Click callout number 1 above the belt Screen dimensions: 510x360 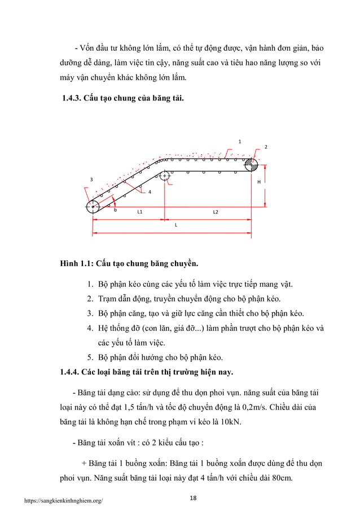[239, 141]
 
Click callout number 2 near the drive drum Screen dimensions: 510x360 [266, 147]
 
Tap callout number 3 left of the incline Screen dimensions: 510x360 [91, 180]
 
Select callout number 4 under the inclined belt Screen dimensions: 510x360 [150, 193]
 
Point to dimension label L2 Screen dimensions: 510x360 [216, 211]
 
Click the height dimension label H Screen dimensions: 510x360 [259, 182]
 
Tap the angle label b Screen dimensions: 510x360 [115, 211]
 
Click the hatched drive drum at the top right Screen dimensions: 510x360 [251, 164]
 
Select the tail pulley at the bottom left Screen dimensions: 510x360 [93, 207]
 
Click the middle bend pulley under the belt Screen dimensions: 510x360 [164, 176]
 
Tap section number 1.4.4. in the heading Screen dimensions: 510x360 [71, 372]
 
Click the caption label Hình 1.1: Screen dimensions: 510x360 [77, 263]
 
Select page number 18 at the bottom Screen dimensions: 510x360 [194, 497]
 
